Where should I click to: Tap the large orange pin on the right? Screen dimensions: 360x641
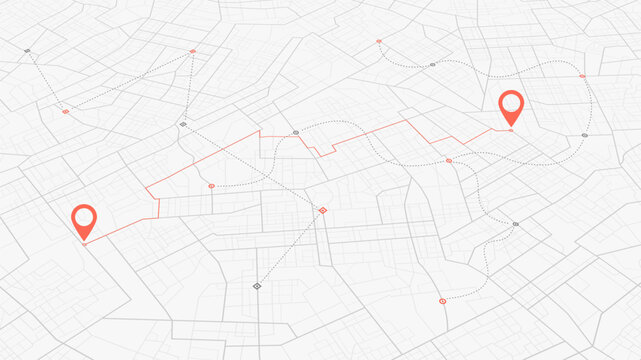tap(511, 105)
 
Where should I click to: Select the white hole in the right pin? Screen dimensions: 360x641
tap(511, 101)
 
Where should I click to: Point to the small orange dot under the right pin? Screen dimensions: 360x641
tap(511, 129)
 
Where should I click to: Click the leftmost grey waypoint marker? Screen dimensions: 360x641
tap(28, 50)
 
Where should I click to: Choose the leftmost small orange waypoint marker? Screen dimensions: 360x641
tap(66, 111)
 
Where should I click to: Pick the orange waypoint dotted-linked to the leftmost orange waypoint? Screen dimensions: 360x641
tap(192, 51)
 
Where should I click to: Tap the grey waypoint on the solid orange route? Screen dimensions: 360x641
tap(296, 132)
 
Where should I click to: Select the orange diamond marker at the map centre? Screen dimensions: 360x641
tap(322, 210)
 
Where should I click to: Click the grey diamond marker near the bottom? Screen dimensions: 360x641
tap(257, 286)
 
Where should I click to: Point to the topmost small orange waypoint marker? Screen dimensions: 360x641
tap(379, 41)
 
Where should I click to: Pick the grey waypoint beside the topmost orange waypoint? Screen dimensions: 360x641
tap(432, 65)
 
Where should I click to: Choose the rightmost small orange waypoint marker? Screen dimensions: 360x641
tap(582, 76)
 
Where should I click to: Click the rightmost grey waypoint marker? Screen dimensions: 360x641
tap(585, 135)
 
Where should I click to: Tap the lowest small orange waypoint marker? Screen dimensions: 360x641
tap(442, 300)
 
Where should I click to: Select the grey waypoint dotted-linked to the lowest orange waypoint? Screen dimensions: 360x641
tap(516, 224)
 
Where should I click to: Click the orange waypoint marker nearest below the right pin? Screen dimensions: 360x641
tap(449, 160)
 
